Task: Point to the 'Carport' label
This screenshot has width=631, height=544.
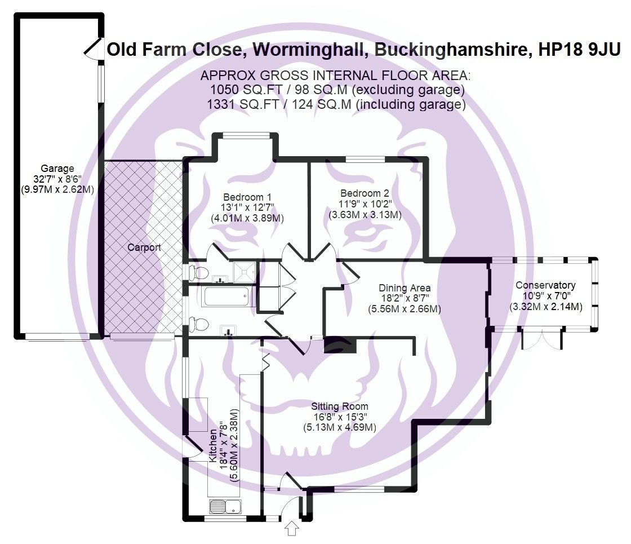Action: click(144, 247)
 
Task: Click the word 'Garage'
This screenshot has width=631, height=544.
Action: click(57, 168)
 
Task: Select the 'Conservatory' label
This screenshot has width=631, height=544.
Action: click(545, 285)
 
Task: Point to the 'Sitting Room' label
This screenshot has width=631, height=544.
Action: click(340, 406)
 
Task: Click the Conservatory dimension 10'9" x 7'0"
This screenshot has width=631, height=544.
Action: click(545, 296)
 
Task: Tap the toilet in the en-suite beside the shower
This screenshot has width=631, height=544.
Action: click(196, 272)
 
